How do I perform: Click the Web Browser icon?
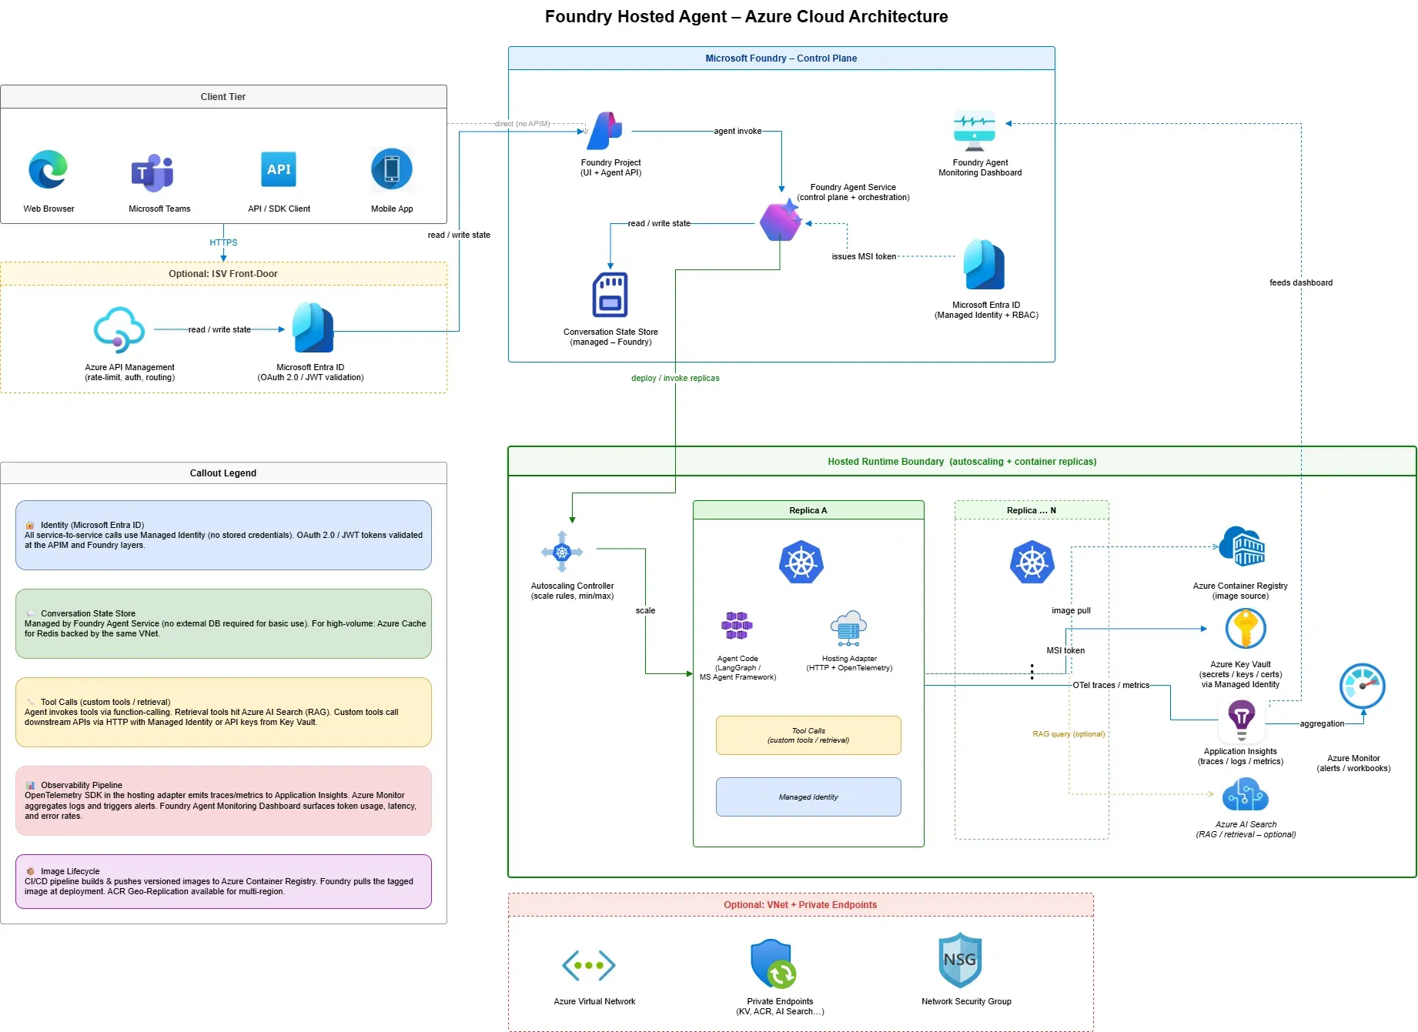(48, 169)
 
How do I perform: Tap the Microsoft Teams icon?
(152, 172)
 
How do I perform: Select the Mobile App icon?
(392, 169)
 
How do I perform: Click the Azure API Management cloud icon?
(119, 329)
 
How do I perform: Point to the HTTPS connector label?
(223, 242)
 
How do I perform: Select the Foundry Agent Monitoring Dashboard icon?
(975, 131)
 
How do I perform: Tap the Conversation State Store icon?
(610, 295)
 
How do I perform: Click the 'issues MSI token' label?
(864, 256)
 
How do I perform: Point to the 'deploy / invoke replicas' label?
(675, 378)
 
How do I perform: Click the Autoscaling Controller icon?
(562, 552)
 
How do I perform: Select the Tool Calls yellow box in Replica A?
(808, 736)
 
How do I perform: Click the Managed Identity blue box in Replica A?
(808, 797)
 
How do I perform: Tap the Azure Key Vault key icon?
(1245, 629)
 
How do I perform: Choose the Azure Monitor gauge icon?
(1362, 686)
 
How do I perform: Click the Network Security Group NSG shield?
(960, 960)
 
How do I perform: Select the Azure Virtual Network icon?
(589, 965)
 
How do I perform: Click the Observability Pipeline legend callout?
(223, 800)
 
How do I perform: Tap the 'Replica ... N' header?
(1032, 510)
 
